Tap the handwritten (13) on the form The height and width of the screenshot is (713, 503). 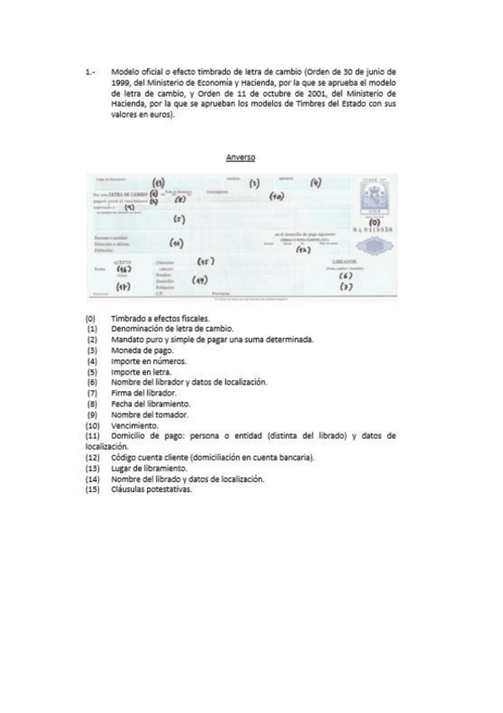tap(158, 183)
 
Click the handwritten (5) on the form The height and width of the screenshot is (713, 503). tap(179, 220)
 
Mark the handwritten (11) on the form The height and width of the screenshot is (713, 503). tap(176, 244)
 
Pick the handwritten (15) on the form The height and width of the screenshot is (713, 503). tap(204, 262)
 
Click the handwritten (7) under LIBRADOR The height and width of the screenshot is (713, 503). tap(345, 288)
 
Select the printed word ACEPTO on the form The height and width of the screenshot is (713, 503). tap(121, 261)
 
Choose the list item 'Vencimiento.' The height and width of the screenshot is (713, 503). tap(134, 425)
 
